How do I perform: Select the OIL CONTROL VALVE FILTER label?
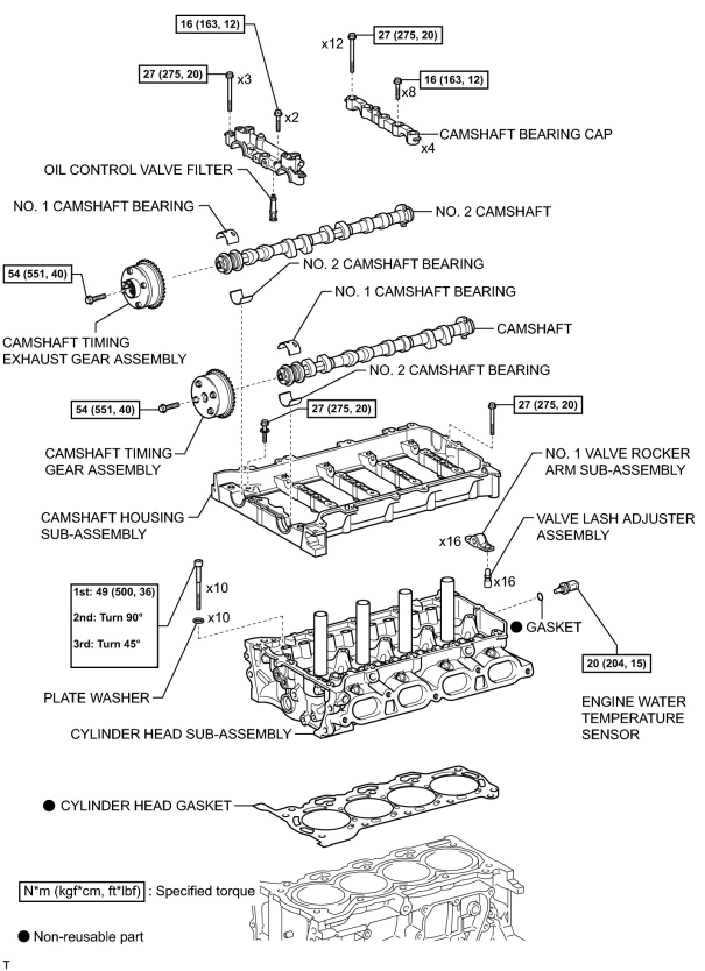click(x=138, y=170)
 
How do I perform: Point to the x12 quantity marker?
click(x=332, y=44)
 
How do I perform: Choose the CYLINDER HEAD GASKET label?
click(x=146, y=806)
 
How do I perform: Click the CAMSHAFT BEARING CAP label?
click(x=526, y=134)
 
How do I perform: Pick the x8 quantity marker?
click(x=408, y=92)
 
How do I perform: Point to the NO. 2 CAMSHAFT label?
click(x=493, y=211)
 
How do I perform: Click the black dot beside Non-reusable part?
click(x=24, y=936)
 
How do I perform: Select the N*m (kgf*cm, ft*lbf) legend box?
click(x=82, y=891)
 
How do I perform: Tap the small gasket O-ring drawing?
click(x=540, y=596)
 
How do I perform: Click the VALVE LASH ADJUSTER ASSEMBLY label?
click(x=615, y=527)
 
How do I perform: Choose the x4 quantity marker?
click(x=428, y=148)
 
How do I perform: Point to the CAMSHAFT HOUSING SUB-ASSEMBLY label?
click(x=112, y=525)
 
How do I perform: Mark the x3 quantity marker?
click(x=244, y=79)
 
